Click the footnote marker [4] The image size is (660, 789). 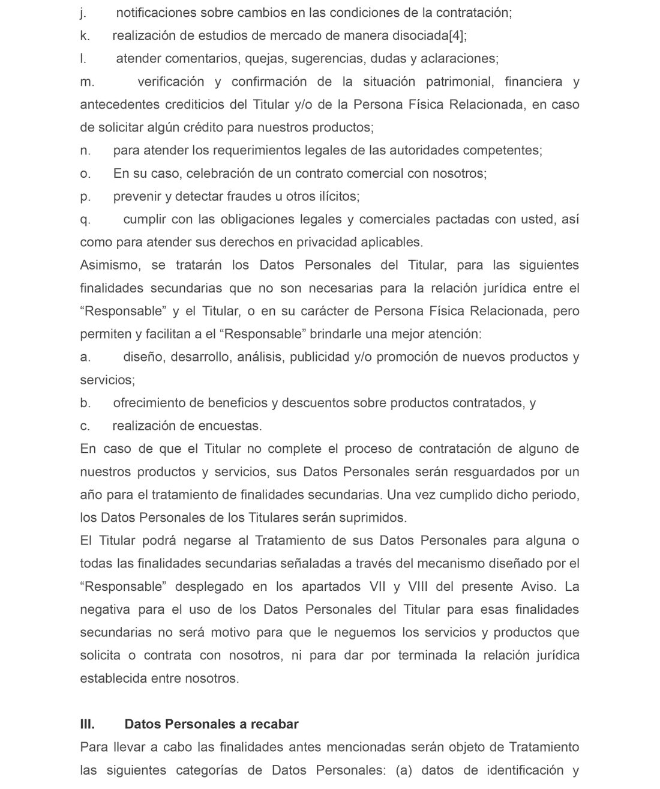pyautogui.click(x=456, y=35)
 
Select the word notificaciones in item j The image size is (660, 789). pyautogui.click(x=157, y=13)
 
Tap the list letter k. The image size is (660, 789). pyautogui.click(x=85, y=35)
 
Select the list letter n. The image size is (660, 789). pyautogui.click(x=85, y=150)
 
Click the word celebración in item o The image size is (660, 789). pyautogui.click(x=222, y=174)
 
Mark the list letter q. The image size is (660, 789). pyautogui.click(x=85, y=219)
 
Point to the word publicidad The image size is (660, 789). pyautogui.click(x=319, y=357)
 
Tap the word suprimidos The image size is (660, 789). pyautogui.click(x=373, y=518)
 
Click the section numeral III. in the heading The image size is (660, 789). pyautogui.click(x=87, y=724)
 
